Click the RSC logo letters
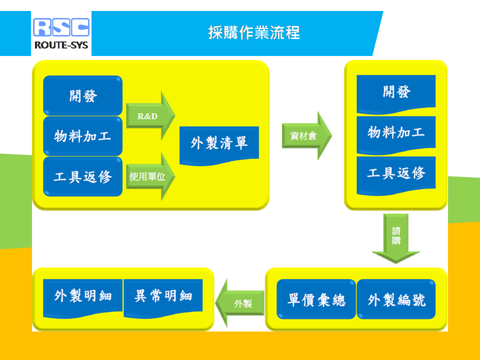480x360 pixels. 61,27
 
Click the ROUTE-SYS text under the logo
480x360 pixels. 61,45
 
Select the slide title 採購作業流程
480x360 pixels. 254,32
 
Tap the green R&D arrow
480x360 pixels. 150,115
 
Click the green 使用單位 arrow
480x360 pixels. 150,176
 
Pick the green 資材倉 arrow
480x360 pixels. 306,135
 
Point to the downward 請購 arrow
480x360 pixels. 396,238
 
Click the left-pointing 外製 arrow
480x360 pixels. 240,303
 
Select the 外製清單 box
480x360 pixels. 219,145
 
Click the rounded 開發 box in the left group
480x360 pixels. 83,95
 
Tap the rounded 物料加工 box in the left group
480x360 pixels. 83,136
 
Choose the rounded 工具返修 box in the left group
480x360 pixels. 83,176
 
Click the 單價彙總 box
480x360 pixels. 316,299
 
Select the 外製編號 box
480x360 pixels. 396,299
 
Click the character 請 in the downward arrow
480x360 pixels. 396,231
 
